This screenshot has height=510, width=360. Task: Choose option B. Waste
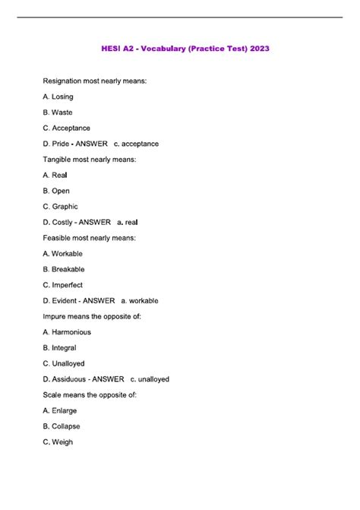click(58, 112)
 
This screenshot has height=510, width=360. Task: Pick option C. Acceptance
click(66, 128)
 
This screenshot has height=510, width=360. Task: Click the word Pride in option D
click(62, 144)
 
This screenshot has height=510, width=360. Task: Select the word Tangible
click(60, 160)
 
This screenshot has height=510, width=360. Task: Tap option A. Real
click(55, 175)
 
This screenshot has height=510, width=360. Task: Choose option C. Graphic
click(60, 207)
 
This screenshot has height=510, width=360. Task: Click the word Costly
click(63, 222)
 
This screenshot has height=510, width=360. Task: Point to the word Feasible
click(59, 238)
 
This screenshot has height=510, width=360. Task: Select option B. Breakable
click(64, 269)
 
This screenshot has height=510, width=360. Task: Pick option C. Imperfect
click(63, 285)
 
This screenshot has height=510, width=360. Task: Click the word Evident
click(64, 301)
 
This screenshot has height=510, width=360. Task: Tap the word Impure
click(55, 316)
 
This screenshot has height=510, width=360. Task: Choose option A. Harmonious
click(67, 332)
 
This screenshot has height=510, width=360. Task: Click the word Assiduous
click(68, 379)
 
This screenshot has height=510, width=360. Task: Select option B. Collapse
click(62, 426)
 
